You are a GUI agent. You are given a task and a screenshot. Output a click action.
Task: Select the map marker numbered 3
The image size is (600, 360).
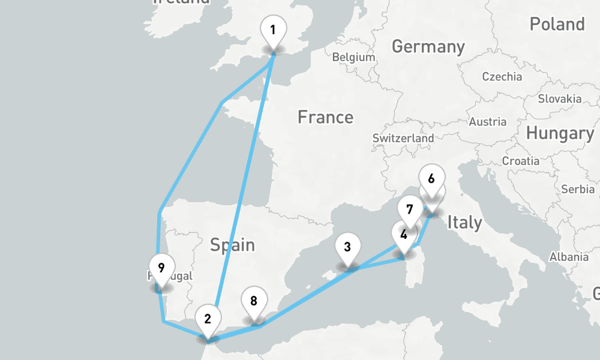click(347, 247)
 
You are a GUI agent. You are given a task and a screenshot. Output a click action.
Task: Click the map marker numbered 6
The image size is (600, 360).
click(431, 179)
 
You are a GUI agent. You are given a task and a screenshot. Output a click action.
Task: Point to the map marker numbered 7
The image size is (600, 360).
click(410, 210)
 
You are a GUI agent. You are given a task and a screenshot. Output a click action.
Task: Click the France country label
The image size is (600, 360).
click(325, 117)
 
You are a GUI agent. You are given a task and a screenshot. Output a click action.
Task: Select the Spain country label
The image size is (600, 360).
click(232, 245)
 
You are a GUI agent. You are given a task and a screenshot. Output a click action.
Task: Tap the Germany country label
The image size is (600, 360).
click(428, 46)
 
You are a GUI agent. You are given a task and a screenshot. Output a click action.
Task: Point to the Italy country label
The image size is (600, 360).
click(464, 223)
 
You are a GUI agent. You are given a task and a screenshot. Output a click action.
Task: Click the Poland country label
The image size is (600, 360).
click(557, 24)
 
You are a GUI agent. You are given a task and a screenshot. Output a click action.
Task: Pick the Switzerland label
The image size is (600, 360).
click(403, 138)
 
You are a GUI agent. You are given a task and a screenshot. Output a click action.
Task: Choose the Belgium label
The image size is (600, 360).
click(353, 58)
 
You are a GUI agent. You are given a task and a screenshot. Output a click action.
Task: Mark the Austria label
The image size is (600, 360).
click(487, 122)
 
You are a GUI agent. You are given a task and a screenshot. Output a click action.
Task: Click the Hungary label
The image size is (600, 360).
click(560, 133)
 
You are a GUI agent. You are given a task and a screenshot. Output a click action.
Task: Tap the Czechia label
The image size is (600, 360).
click(502, 77)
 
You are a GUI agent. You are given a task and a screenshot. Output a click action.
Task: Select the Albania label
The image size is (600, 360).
click(569, 257)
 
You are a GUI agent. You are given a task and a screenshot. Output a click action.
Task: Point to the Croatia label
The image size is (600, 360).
click(520, 161)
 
